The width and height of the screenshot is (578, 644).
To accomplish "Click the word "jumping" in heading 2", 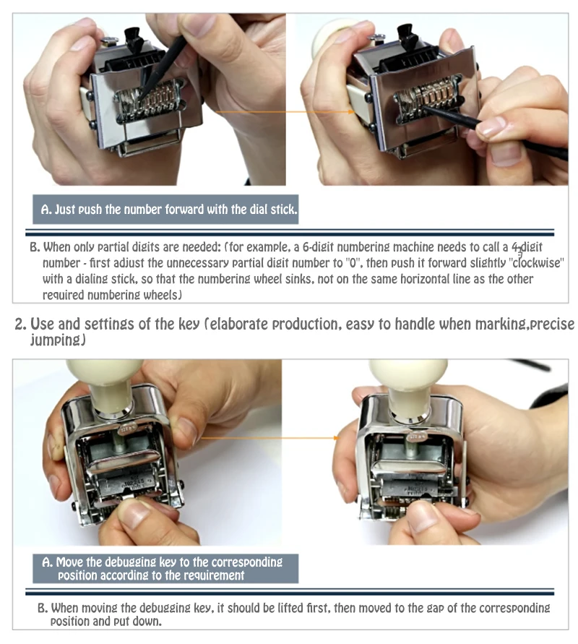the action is pyautogui.click(x=58, y=340).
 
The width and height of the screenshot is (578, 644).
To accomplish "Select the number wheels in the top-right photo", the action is pyautogui.click(x=428, y=99).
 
